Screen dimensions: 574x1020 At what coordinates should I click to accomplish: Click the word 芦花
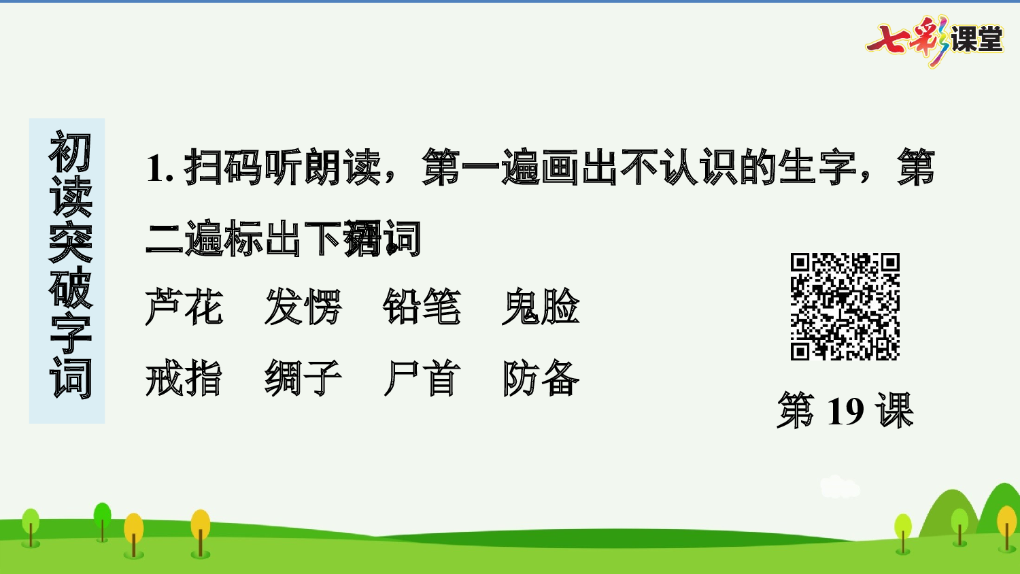tap(184, 307)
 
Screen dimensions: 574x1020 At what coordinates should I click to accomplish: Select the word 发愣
tap(303, 307)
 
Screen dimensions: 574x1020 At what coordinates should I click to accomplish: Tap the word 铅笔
tap(422, 307)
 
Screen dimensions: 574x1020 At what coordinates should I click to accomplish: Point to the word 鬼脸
tap(541, 307)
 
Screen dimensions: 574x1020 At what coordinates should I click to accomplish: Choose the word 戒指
tap(184, 378)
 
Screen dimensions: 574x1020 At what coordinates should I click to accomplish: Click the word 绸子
tap(303, 378)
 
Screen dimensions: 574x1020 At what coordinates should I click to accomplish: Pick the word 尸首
tap(422, 378)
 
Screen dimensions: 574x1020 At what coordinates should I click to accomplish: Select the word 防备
tap(541, 378)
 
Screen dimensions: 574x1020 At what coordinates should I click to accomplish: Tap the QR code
tap(845, 307)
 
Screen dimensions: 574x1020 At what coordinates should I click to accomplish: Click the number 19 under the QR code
tap(845, 411)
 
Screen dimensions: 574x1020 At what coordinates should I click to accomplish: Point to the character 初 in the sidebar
tap(69, 153)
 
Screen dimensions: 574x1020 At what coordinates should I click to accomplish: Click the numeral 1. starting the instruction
tap(160, 168)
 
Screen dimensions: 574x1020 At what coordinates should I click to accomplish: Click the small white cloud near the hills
tap(839, 487)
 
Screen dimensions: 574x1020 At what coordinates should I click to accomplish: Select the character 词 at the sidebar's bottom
tap(69, 378)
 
